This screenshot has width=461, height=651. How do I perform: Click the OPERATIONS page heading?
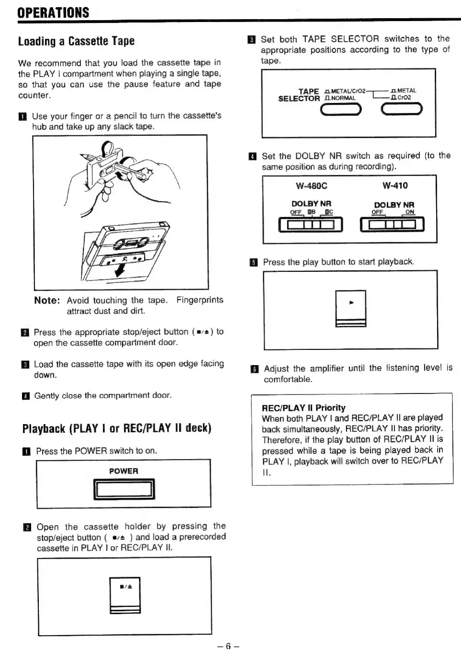pyautogui.click(x=53, y=12)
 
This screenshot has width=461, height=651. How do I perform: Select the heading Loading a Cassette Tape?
pyautogui.click(x=76, y=41)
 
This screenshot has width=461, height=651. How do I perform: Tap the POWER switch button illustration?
pyautogui.click(x=124, y=489)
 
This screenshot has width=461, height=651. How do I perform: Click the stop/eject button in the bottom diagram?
pyautogui.click(x=125, y=595)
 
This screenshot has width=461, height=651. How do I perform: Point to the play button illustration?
pyautogui.click(x=351, y=308)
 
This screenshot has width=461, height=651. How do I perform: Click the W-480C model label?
pyautogui.click(x=312, y=186)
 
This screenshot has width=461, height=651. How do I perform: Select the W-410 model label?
pyautogui.click(x=395, y=186)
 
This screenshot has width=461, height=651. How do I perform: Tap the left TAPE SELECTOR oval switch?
pyautogui.click(x=340, y=110)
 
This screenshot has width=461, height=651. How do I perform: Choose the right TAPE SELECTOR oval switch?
pyautogui.click(x=402, y=110)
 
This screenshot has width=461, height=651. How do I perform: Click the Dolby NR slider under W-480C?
pyautogui.click(x=311, y=224)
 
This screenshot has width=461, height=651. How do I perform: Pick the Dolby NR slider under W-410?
pyautogui.click(x=392, y=224)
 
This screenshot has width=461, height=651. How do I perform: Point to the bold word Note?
pyautogui.click(x=47, y=301)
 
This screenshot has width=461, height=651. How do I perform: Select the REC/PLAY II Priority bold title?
pyautogui.click(x=304, y=408)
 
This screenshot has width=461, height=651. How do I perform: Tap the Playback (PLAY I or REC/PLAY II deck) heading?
pyautogui.click(x=117, y=428)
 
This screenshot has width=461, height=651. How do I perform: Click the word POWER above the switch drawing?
pyautogui.click(x=124, y=471)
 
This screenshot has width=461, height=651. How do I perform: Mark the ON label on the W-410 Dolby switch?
pyautogui.click(x=410, y=212)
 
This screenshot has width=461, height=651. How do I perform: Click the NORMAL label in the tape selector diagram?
pyautogui.click(x=343, y=98)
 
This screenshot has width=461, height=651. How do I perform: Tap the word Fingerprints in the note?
pyautogui.click(x=200, y=300)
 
